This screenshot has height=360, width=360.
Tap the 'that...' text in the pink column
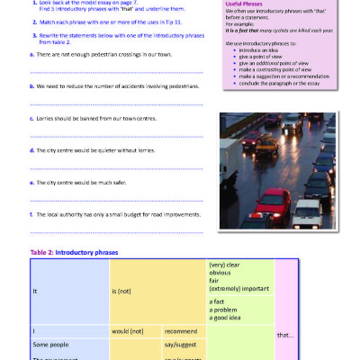coord(285,335)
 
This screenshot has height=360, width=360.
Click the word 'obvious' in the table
coord(222,273)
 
